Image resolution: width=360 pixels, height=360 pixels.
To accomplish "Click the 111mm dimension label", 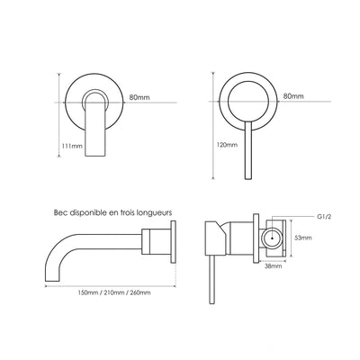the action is coord(72,146).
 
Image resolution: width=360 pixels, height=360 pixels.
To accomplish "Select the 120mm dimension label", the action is coord(227,145).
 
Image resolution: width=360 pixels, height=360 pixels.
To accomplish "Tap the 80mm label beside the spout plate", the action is coord(139,97).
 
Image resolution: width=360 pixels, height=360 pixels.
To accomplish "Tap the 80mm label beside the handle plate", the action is coord(293,96).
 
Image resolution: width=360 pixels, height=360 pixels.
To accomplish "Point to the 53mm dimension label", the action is coord(303,238).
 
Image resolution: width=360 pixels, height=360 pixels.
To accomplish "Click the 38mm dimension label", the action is coord(274,265).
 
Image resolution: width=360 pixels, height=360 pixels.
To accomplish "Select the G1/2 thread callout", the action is coord(324,217).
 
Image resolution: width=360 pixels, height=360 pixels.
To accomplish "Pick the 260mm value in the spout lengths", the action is coord(140,292).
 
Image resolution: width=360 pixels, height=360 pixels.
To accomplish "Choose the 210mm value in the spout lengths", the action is coord(113,292).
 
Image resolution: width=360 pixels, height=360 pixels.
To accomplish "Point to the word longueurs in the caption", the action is coord(154,213).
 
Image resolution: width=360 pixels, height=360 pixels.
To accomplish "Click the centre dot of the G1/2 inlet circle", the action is coord(272,238).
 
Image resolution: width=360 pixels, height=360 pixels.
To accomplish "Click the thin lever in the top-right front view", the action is coord(248,151).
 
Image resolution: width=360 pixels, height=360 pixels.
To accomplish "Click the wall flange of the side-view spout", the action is coord(173,242).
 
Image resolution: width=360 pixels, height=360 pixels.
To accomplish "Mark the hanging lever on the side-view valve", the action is coord(212,280).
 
